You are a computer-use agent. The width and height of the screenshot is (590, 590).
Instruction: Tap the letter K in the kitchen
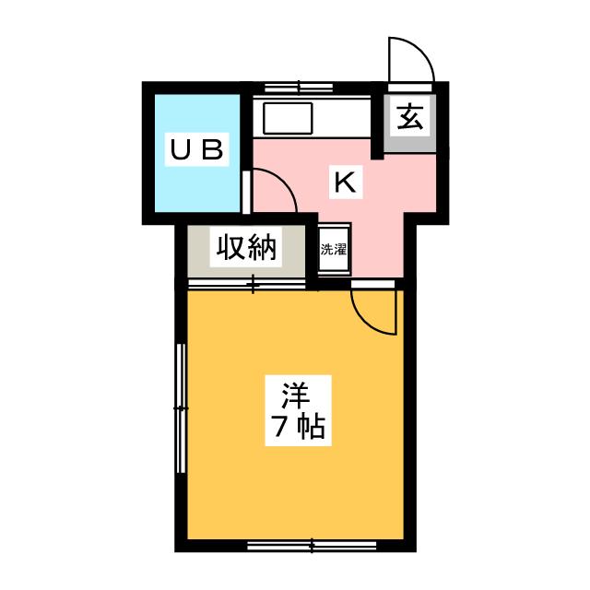[x=344, y=183]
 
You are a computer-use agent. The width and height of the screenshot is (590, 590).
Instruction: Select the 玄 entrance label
[x=410, y=118]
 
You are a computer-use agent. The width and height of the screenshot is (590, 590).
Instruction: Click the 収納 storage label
[x=246, y=248]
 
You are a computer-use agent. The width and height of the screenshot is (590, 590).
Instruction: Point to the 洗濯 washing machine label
[x=333, y=249]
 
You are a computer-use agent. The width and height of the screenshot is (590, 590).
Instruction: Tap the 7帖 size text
[x=297, y=427]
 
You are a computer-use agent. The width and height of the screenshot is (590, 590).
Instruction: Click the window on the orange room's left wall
[x=181, y=406]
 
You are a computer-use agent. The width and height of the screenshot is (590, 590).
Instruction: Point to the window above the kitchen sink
[x=300, y=88]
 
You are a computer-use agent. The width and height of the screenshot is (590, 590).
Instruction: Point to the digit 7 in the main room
[x=279, y=427]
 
